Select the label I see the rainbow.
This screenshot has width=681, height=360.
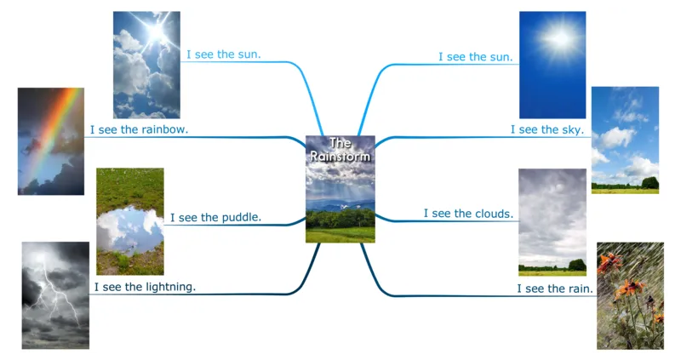[139, 130]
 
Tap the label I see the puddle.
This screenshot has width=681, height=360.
[215, 217]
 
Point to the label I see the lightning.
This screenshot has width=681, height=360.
[145, 287]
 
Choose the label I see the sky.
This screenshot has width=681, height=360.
[547, 129]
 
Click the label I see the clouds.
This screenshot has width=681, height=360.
[468, 214]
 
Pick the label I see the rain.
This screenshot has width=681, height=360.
[555, 289]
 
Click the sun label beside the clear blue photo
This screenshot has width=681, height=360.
[475, 57]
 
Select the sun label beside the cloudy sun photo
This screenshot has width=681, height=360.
[224, 54]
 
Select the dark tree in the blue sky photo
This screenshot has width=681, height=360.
[650, 182]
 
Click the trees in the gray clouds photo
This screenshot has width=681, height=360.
[576, 265]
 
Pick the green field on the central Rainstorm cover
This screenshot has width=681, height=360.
[340, 231]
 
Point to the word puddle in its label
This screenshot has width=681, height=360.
[240, 217]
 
